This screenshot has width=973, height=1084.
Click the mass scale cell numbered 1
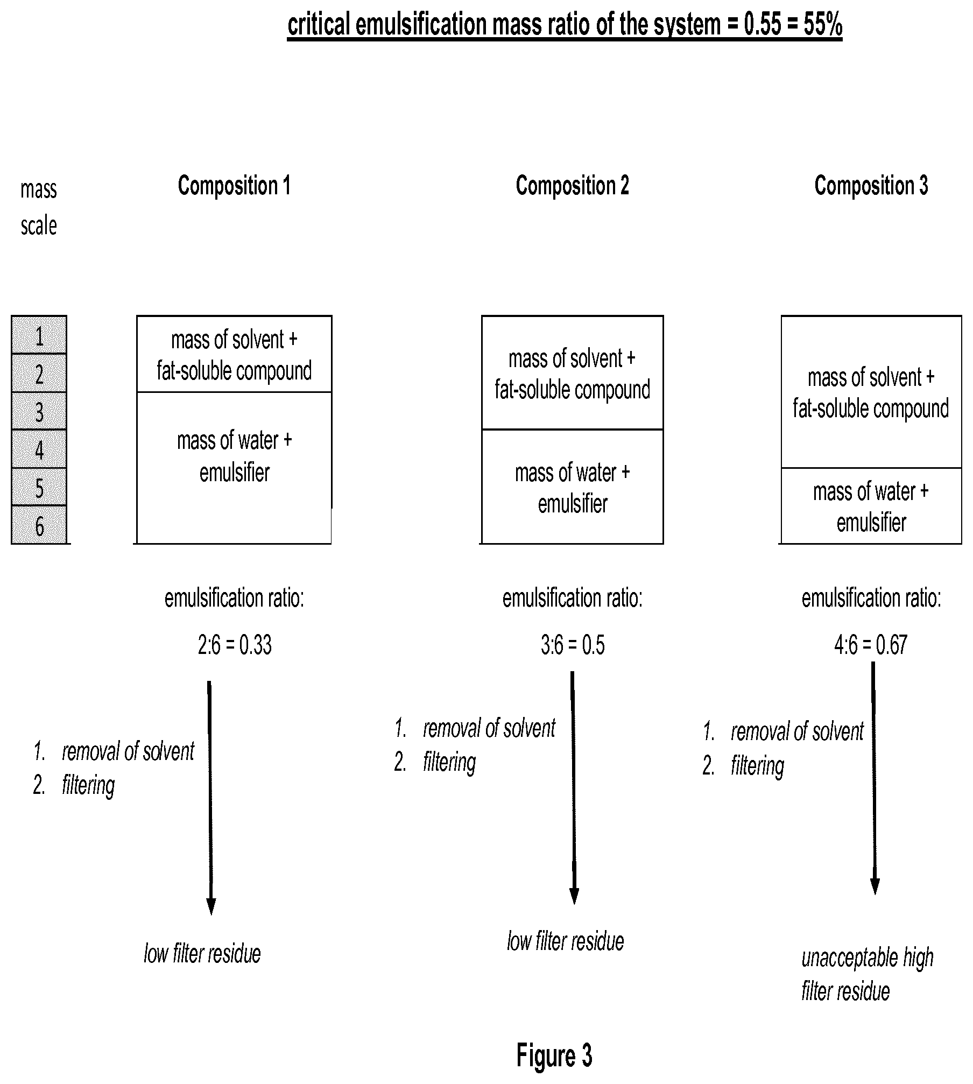(39, 335)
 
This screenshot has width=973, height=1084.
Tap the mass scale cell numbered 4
(39, 449)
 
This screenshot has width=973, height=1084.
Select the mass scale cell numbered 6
(39, 525)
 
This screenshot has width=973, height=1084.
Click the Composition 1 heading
(234, 186)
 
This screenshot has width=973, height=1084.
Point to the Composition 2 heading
(572, 186)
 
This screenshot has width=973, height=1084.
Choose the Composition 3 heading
(871, 186)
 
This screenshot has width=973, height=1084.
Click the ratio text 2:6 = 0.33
(235, 645)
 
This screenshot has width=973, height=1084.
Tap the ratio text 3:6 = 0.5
(573, 645)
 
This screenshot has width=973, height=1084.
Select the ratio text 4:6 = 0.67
(871, 645)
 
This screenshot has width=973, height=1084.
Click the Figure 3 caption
(554, 1055)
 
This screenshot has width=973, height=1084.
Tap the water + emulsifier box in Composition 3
(871, 506)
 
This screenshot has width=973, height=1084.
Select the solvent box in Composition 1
(234, 354)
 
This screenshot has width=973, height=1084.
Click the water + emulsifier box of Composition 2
(572, 487)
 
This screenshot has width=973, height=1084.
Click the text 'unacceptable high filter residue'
(867, 974)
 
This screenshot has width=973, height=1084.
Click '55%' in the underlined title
(823, 25)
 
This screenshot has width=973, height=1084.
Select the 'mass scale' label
(39, 208)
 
